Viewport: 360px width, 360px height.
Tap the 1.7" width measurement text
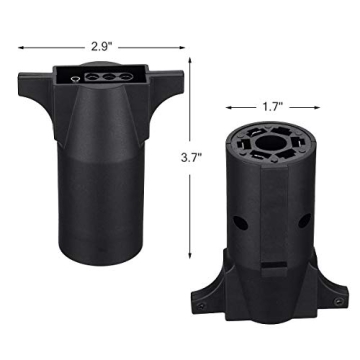270,104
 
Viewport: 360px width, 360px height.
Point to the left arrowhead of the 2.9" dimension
17,45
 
